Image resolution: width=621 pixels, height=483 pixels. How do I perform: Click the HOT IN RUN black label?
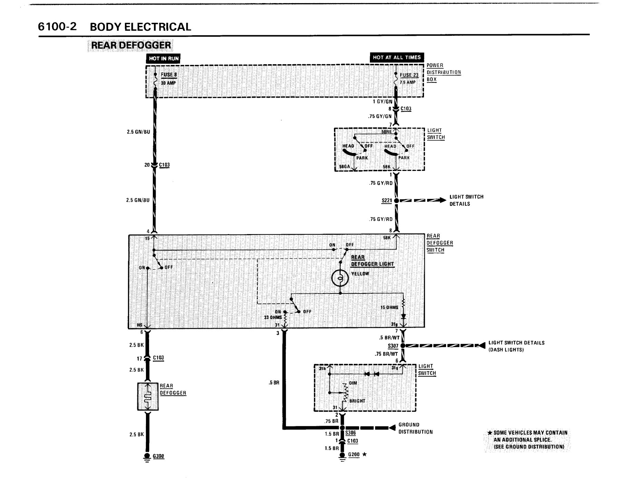click(x=164, y=58)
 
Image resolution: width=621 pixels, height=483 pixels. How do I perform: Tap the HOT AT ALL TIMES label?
click(x=397, y=57)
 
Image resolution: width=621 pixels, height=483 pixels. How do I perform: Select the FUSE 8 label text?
click(x=169, y=75)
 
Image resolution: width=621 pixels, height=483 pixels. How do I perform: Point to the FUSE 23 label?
click(x=409, y=75)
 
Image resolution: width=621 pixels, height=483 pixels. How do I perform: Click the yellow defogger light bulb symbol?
click(x=340, y=278)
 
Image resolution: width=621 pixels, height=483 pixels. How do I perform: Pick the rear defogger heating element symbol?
click(x=148, y=396)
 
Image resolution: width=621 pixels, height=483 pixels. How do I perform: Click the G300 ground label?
click(x=158, y=456)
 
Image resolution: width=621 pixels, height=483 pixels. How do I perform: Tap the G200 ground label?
click(x=354, y=454)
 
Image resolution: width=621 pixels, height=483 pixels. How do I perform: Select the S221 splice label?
click(x=387, y=200)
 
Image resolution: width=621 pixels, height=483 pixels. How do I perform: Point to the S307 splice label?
click(x=393, y=346)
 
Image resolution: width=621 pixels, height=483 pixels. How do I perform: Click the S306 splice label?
click(x=350, y=433)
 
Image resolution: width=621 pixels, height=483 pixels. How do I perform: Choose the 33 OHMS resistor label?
click(x=273, y=317)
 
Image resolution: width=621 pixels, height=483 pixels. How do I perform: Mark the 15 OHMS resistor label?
click(x=389, y=307)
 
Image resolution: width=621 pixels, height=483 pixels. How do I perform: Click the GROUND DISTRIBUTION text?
click(x=415, y=428)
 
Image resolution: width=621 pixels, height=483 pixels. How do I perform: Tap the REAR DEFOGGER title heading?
click(x=131, y=45)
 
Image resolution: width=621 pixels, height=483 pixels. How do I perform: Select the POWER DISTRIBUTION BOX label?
click(x=444, y=72)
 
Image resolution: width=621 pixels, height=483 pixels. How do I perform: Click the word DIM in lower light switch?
click(x=353, y=383)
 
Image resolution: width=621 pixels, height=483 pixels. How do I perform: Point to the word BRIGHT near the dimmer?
click(x=357, y=401)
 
